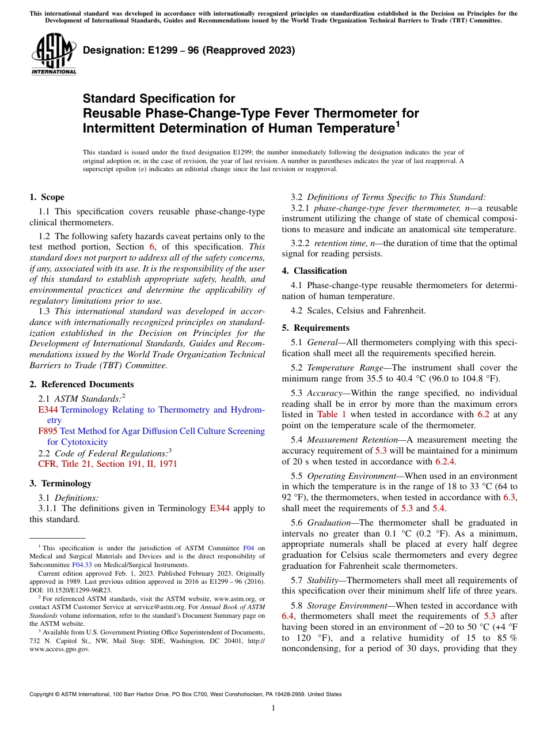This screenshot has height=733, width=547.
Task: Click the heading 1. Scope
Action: (47, 197)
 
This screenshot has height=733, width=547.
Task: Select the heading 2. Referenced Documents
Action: (82, 384)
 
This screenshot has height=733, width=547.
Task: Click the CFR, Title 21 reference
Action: (108, 463)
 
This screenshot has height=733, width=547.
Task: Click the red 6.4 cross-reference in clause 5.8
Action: (288, 616)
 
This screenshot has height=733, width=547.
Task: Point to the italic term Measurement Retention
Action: (340, 440)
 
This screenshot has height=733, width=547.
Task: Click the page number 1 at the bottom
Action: (273, 708)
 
